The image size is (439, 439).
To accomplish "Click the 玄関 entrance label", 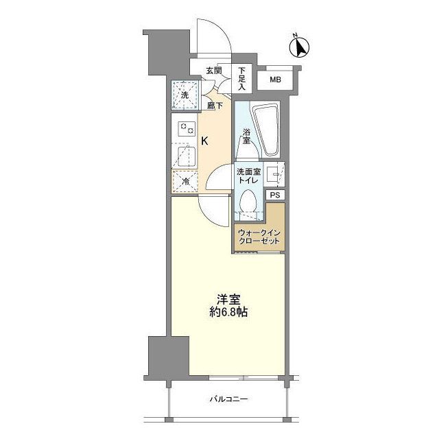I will point(213,70).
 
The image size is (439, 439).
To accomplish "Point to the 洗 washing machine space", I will point(185,95).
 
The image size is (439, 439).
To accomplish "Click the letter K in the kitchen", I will point(204,141).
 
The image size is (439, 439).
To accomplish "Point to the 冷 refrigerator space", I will point(185,181).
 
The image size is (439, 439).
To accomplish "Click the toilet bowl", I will point(249,203).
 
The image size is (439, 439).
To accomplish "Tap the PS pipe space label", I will point(275,195).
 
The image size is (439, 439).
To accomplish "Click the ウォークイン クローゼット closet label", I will point(259,237).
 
